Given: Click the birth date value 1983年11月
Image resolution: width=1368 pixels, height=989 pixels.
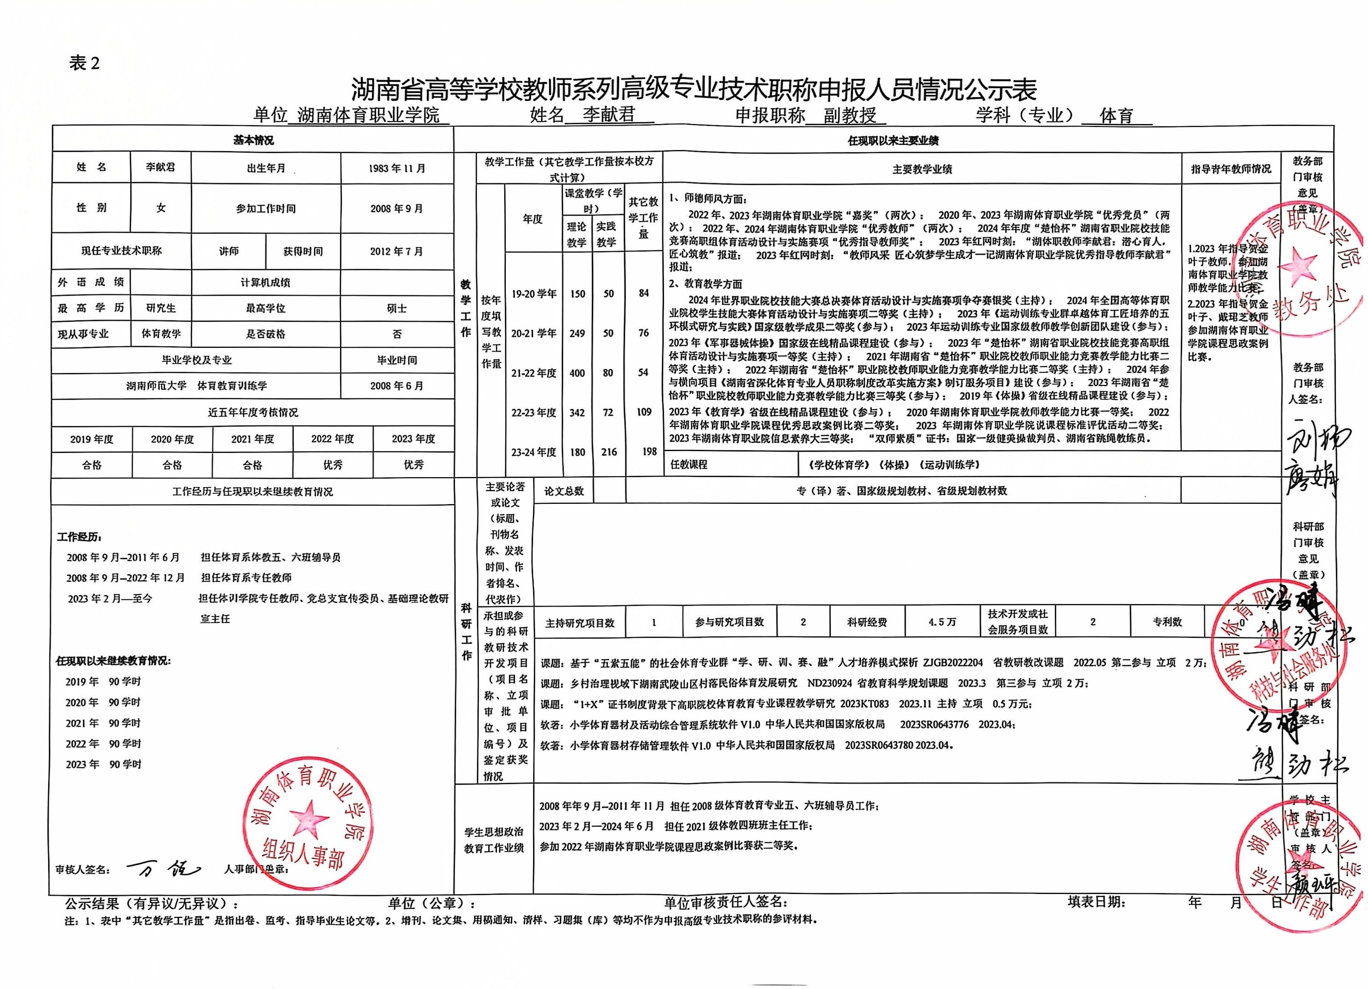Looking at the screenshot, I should [x=397, y=168].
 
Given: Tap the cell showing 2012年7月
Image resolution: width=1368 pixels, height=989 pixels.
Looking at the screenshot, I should [x=397, y=251].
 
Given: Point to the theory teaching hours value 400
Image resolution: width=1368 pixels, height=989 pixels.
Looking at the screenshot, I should [x=577, y=373].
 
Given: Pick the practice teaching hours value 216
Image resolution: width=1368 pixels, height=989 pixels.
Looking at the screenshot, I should [x=609, y=452].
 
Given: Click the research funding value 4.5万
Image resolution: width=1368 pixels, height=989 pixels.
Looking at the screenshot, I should [x=942, y=622].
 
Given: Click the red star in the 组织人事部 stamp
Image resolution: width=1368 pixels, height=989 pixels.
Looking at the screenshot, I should [x=309, y=818].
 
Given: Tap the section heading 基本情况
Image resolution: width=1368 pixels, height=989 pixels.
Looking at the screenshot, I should [x=253, y=140].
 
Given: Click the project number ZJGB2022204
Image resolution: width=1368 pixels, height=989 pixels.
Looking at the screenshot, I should [x=952, y=663].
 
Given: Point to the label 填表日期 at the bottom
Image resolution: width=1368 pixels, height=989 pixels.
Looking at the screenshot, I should [x=1095, y=902].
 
